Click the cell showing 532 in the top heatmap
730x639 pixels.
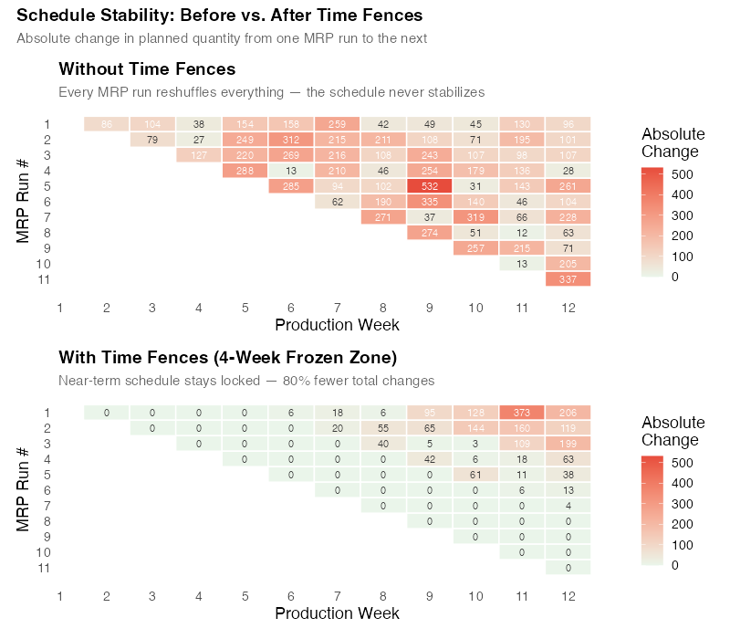click(430, 186)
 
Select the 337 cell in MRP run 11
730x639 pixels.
click(568, 278)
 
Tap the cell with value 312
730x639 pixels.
click(291, 140)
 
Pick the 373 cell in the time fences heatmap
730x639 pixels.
click(522, 413)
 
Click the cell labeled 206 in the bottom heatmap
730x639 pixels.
click(568, 413)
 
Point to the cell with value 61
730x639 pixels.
click(475, 475)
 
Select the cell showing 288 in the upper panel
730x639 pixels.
click(245, 171)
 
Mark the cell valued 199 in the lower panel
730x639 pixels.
click(568, 444)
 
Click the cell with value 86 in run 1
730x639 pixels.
click(107, 124)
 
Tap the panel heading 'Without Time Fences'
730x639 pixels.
click(147, 69)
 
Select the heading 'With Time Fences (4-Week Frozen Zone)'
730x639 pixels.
click(227, 357)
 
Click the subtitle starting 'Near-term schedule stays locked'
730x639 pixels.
click(246, 381)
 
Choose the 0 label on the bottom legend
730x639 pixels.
click(674, 565)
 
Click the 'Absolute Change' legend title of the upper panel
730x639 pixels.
click(673, 142)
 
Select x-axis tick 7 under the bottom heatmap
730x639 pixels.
click(337, 597)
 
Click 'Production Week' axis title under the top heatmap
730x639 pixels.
click(337, 325)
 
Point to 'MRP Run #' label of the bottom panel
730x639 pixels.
click(24, 490)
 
